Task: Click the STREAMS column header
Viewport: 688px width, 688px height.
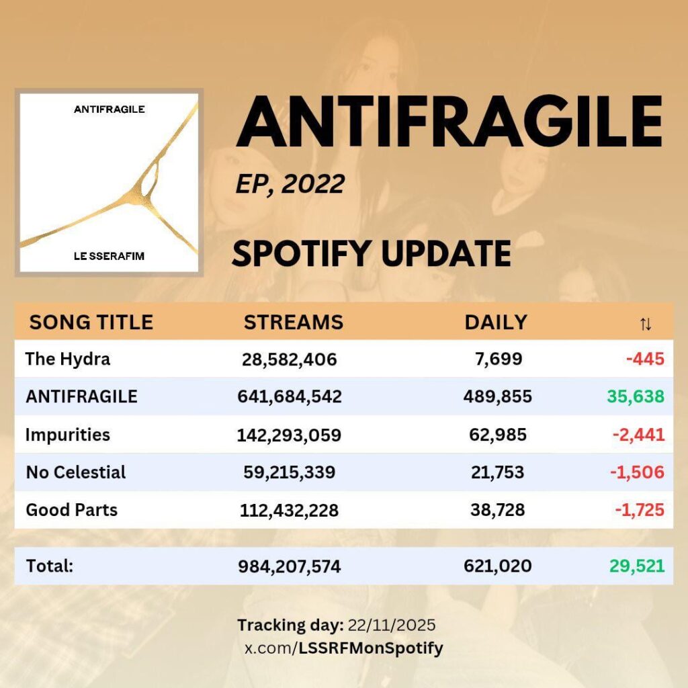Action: (x=294, y=322)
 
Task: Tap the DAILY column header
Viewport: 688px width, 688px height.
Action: (x=496, y=322)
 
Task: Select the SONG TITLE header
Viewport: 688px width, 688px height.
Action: (x=91, y=322)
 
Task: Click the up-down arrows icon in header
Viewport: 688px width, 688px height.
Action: (x=646, y=325)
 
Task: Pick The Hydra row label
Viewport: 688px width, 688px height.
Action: (x=68, y=359)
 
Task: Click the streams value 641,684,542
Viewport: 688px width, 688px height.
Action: (x=290, y=396)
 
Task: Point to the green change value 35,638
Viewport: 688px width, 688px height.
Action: (x=636, y=396)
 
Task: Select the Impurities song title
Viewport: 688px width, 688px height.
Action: (x=68, y=435)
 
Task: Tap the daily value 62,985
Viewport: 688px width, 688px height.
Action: (x=498, y=435)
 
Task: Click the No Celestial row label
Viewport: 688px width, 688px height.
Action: (x=76, y=472)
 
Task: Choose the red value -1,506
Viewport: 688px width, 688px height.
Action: (x=637, y=472)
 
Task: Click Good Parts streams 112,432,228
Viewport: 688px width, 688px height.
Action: (x=289, y=511)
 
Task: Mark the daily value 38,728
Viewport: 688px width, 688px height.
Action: (x=498, y=511)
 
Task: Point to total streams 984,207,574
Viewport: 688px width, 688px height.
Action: (x=289, y=566)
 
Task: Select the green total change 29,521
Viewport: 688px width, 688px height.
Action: (x=637, y=566)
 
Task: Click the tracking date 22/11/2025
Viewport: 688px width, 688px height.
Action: (x=392, y=626)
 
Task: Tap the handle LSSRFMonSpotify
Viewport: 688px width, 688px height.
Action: (x=371, y=648)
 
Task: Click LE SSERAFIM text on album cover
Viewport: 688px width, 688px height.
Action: (x=109, y=256)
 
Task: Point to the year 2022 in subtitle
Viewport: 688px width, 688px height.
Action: (x=313, y=184)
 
